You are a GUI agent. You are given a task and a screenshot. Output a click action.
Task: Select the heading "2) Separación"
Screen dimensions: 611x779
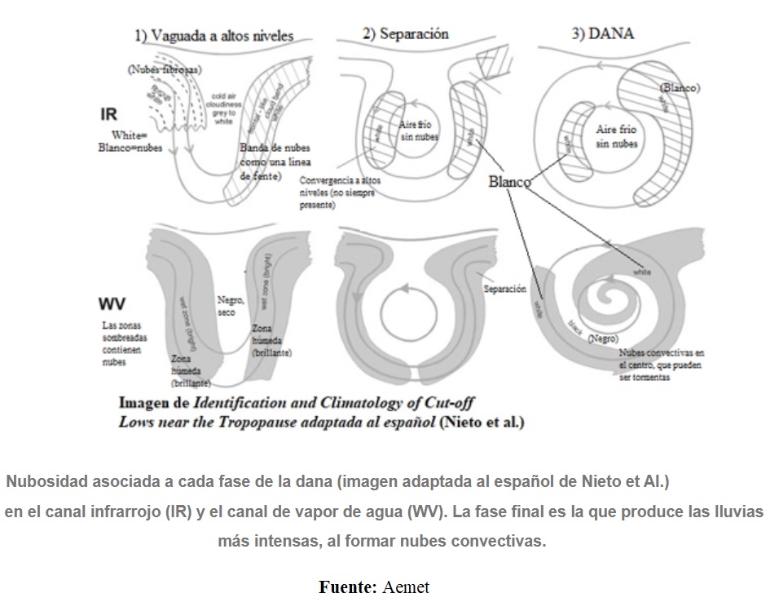point(405,33)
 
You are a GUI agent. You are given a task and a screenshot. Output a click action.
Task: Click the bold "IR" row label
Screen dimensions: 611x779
point(109,113)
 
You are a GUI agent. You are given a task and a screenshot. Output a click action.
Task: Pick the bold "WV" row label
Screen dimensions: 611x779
point(112,304)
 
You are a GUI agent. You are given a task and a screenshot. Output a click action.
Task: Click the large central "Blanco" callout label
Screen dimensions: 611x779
point(509,182)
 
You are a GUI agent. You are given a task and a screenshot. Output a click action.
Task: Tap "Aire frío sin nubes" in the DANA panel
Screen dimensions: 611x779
point(617,136)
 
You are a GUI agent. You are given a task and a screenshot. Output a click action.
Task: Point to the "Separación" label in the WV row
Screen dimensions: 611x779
point(504,289)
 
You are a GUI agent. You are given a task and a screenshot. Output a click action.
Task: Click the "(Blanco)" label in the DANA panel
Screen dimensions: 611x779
point(680,86)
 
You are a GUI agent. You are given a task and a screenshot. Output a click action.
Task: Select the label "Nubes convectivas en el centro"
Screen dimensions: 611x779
point(660,365)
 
